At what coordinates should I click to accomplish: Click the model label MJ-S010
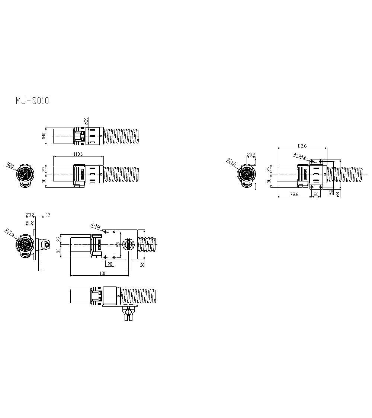[32, 101]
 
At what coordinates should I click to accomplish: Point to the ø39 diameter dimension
[86, 121]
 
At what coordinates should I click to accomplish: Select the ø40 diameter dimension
[44, 136]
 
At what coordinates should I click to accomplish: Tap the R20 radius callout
[10, 165]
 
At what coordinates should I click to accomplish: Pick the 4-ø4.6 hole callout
[300, 156]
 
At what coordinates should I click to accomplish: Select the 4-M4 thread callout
[96, 226]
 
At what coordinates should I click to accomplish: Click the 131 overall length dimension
[103, 273]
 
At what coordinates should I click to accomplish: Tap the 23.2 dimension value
[30, 215]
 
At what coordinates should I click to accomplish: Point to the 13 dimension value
[48, 215]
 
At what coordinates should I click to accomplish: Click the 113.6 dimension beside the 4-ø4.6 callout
[302, 146]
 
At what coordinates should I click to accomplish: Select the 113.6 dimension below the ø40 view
[78, 153]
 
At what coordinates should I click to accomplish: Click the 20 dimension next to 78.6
[316, 194]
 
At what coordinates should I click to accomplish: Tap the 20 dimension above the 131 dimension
[109, 264]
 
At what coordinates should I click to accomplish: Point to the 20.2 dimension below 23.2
[29, 222]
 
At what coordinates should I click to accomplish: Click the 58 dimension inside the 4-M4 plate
[118, 244]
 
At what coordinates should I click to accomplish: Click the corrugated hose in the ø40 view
[122, 136]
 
